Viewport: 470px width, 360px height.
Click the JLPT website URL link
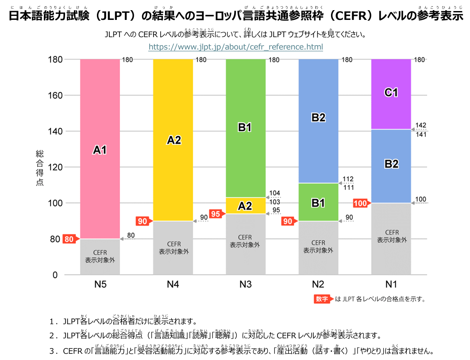[235, 47]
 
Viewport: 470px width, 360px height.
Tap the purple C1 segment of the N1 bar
[391, 93]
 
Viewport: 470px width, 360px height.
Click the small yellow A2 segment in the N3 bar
[246, 206]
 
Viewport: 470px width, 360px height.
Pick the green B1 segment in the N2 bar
[318, 202]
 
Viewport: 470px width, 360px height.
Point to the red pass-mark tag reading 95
[215, 214]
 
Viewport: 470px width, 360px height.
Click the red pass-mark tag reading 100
[361, 203]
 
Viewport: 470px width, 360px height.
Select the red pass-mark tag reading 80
[69, 239]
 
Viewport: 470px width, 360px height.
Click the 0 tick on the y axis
[55, 275]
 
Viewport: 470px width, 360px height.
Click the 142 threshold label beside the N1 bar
[421, 126]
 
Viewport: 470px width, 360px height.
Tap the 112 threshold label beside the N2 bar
[348, 179]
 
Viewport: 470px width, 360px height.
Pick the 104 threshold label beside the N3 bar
[275, 193]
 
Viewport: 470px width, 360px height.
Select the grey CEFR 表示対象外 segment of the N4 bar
[173, 248]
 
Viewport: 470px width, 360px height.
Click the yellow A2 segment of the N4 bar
[173, 140]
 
